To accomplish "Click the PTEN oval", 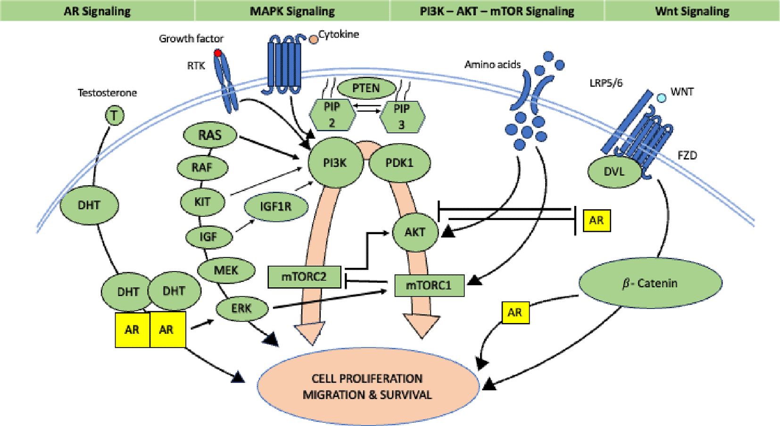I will click(366, 88).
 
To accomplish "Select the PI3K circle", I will click(335, 163).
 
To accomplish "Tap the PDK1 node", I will click(399, 163).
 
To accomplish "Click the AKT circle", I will click(415, 232).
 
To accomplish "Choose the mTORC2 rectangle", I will click(304, 277).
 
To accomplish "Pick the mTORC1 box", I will click(429, 285).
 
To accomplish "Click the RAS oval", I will click(210, 136).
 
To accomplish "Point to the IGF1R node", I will click(276, 206).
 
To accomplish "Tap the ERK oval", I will click(241, 309).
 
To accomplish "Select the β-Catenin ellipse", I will click(650, 283).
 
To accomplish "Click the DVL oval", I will click(614, 172).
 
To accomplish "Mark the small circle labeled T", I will click(114, 116).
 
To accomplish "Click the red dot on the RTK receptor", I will click(218, 53).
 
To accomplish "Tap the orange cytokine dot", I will click(313, 40).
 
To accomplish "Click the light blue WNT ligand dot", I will click(662, 98).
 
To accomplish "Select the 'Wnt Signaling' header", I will click(692, 11).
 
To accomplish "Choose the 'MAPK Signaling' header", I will click(292, 11).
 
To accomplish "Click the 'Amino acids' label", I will click(492, 65).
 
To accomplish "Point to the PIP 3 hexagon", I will click(402, 116).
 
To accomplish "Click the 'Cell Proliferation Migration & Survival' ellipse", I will click(367, 386).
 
